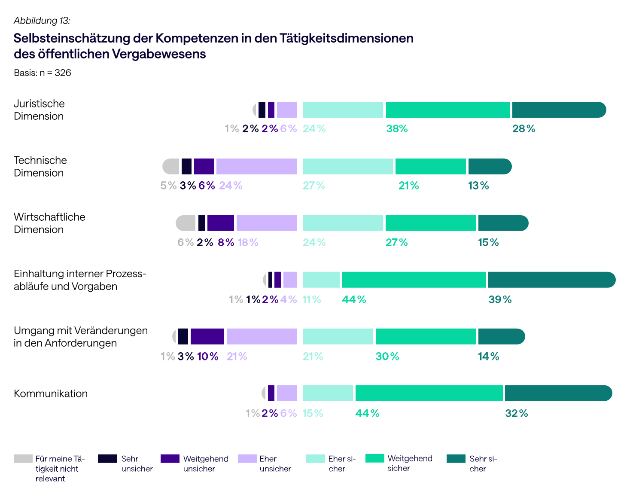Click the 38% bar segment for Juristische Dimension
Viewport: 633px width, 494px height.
pos(448,110)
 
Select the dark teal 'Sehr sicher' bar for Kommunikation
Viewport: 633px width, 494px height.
pos(558,393)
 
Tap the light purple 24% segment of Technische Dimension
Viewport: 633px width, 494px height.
pos(256,167)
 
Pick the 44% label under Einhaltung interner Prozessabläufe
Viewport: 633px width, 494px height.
pos(354,299)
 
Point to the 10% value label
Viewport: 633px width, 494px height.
pos(208,357)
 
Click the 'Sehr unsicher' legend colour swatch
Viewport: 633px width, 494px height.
pos(107,459)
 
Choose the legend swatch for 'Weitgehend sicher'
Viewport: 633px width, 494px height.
pos(374,458)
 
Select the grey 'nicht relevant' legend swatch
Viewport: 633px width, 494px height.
pos(23,459)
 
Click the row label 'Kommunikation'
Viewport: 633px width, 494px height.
pos(51,393)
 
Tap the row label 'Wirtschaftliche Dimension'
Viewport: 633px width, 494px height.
pos(49,223)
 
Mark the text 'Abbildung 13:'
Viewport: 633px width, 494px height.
pos(42,21)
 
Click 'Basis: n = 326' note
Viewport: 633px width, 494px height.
pos(43,73)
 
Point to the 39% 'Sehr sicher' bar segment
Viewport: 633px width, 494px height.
pos(551,280)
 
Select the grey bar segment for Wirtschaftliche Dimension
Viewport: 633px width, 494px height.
pos(186,223)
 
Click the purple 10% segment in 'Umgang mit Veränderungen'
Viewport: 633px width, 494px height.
pos(207,337)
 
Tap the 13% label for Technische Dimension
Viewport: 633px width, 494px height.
pos(478,186)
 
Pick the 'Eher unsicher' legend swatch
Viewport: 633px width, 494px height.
pos(247,459)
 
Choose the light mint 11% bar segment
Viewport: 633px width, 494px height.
pos(321,280)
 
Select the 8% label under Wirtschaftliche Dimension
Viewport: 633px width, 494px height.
pos(226,243)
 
